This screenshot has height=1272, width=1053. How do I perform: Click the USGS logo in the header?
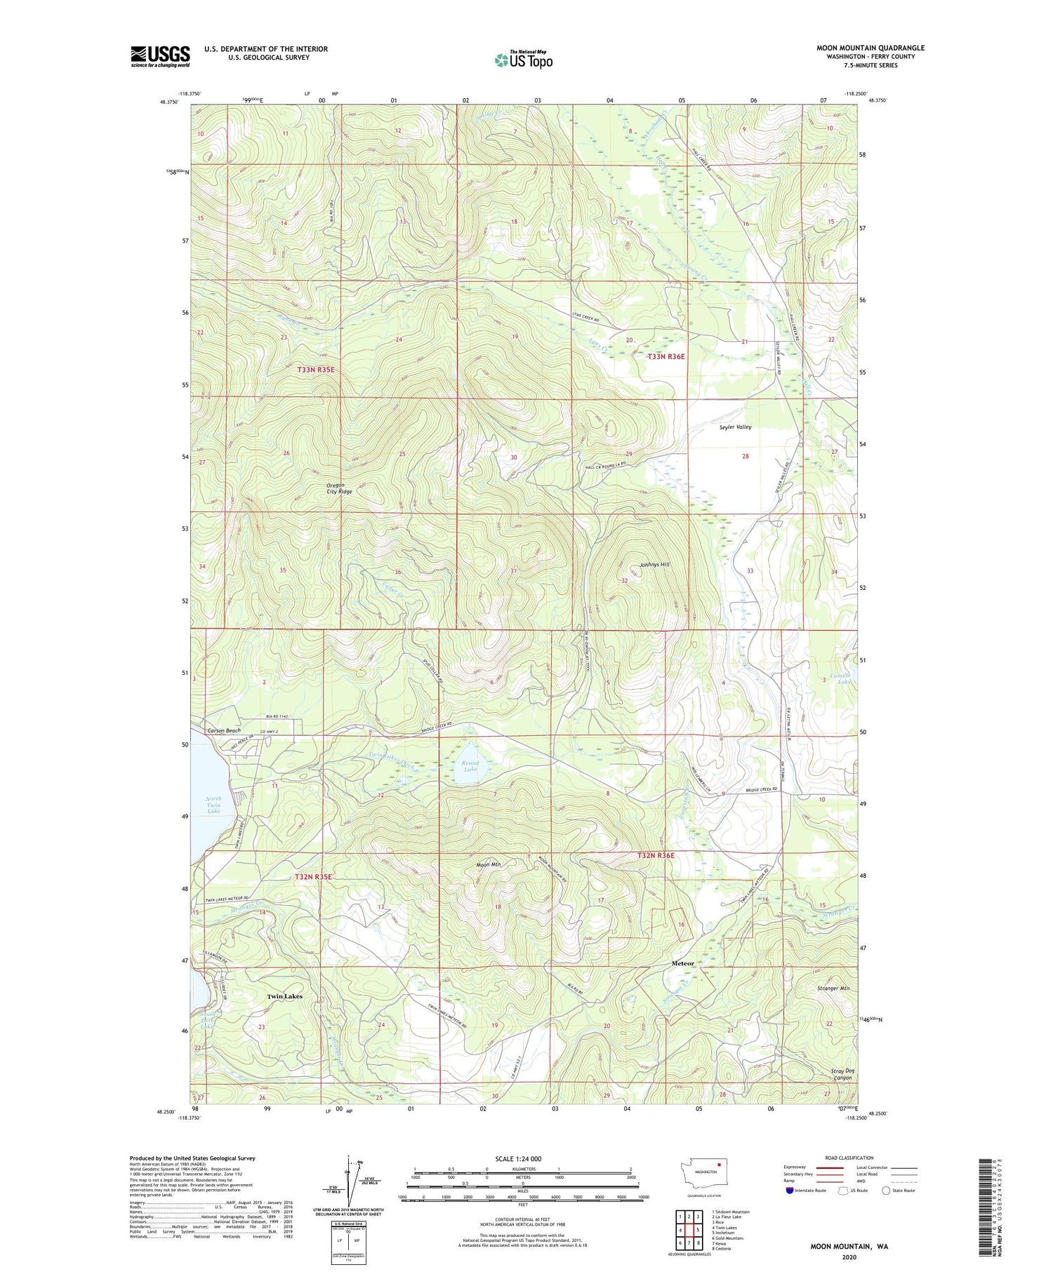[160, 56]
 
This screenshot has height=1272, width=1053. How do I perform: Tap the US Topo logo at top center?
[523, 60]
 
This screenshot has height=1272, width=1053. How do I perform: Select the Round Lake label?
[470, 766]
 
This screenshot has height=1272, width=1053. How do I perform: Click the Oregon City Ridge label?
[338, 488]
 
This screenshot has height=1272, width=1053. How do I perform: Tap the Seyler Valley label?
[735, 427]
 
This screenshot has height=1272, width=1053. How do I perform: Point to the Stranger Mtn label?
[833, 989]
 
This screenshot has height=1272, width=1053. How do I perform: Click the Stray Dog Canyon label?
[837, 1074]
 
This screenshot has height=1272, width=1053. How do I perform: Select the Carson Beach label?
[224, 730]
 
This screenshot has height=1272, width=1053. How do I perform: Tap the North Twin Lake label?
[213, 805]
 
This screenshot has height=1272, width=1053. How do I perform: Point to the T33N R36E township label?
[665, 357]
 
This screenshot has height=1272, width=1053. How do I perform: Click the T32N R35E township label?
[312, 877]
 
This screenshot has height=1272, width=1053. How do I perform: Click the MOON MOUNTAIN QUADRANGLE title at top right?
[870, 48]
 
